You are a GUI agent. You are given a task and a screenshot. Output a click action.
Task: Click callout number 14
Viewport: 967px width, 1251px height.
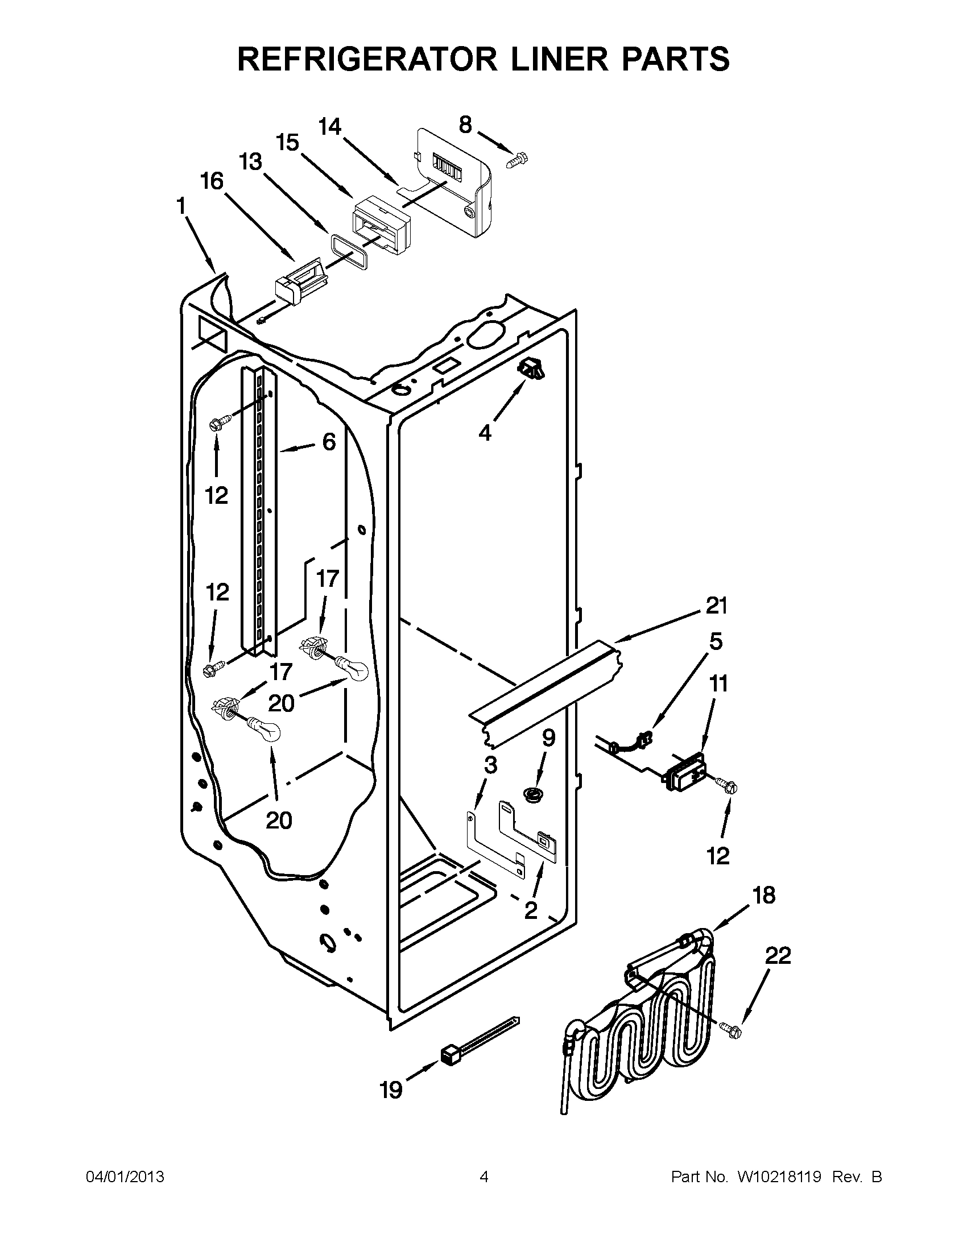[x=329, y=127]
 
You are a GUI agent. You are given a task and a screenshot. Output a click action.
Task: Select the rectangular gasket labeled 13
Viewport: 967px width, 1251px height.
[x=349, y=250]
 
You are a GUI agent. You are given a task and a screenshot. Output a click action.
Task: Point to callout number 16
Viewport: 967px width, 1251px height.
[x=212, y=181]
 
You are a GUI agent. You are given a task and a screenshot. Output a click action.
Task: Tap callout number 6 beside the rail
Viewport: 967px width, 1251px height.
[x=329, y=442]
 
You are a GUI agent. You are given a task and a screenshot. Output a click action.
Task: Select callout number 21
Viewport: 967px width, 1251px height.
[x=716, y=606]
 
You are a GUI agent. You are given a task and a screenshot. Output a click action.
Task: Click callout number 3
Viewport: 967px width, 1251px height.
[x=490, y=765]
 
